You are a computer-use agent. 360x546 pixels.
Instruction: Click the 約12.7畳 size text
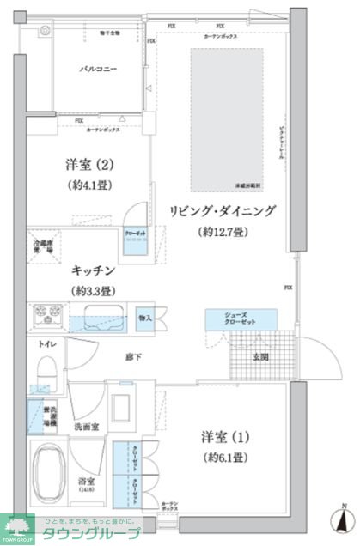coord(223,232)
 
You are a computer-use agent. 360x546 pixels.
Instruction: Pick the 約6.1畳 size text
coord(226,457)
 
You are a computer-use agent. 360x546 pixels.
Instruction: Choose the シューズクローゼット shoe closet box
coord(241,318)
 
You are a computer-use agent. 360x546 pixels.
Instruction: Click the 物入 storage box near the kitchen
coord(144,318)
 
